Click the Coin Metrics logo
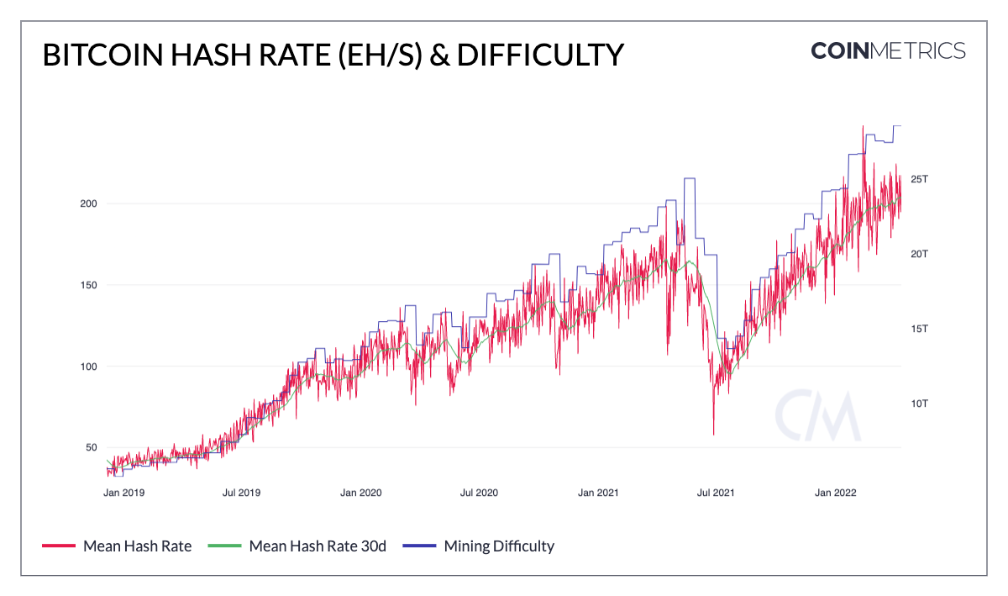(x=888, y=50)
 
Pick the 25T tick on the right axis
(x=920, y=179)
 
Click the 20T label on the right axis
(x=920, y=254)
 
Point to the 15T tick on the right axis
(x=920, y=329)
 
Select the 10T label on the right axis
(x=920, y=403)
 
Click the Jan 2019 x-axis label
(x=123, y=493)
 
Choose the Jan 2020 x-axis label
(x=362, y=493)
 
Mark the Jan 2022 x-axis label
(x=836, y=493)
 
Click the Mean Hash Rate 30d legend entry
(x=318, y=546)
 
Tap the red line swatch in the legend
(x=58, y=546)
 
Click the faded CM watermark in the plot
(x=817, y=416)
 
